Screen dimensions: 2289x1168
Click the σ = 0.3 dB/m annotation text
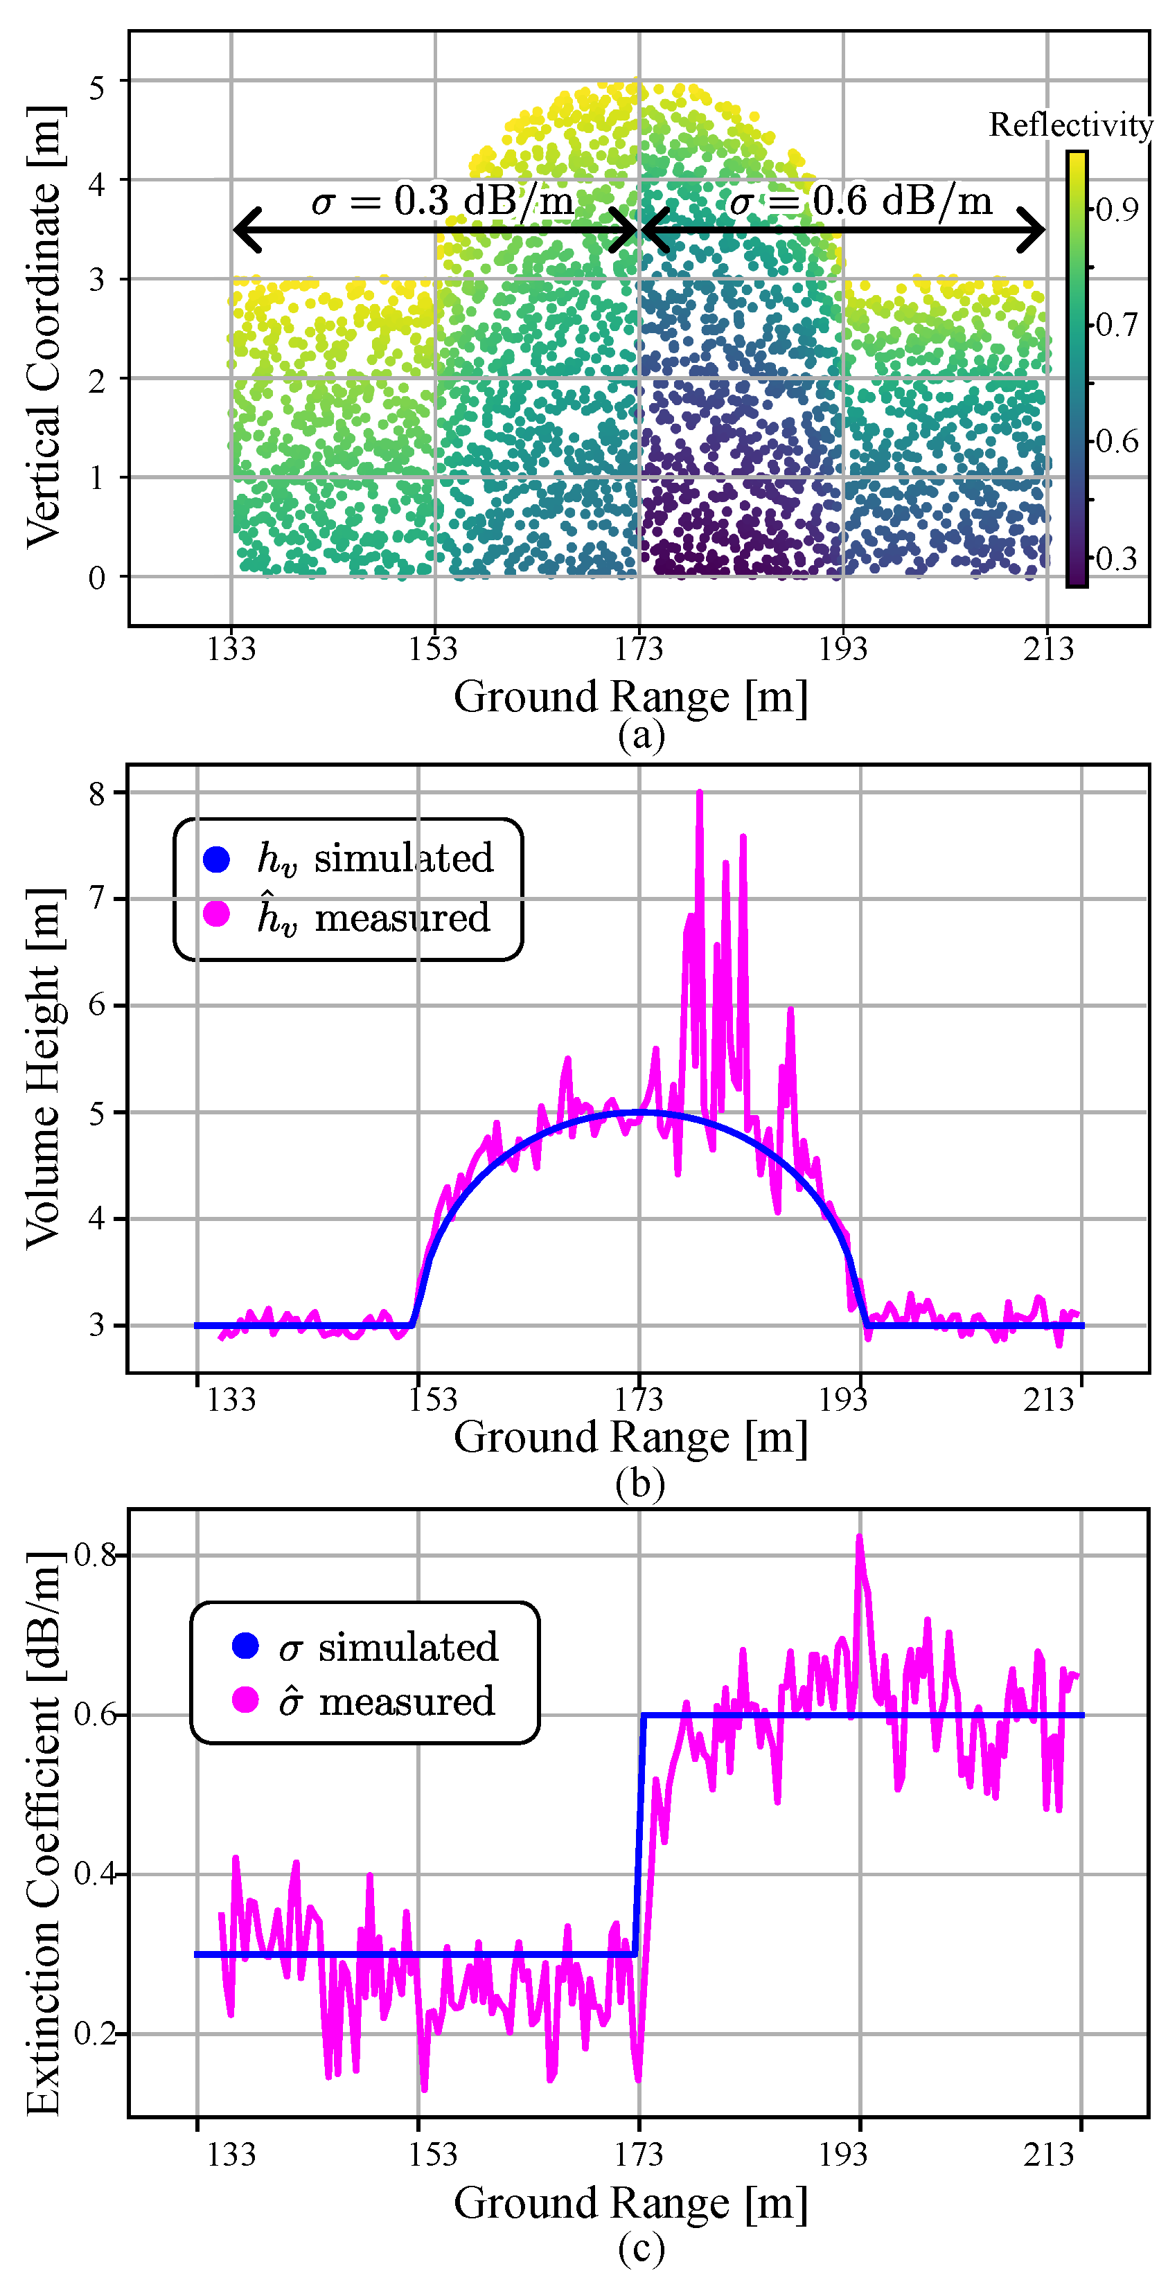[442, 201]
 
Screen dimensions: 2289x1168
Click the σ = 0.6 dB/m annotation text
[860, 201]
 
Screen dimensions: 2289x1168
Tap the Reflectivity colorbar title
[1070, 125]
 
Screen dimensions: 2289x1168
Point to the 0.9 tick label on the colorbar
[1117, 210]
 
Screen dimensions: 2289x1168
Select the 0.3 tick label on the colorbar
[1117, 558]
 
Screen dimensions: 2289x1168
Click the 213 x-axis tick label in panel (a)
[1047, 650]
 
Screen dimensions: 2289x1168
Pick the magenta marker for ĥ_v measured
[217, 914]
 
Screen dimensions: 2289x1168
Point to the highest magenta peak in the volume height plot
[700, 794]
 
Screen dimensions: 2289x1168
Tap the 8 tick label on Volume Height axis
[97, 794]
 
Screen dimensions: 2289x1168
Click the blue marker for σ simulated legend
[245, 1646]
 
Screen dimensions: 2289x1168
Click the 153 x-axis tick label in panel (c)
[433, 2154]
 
